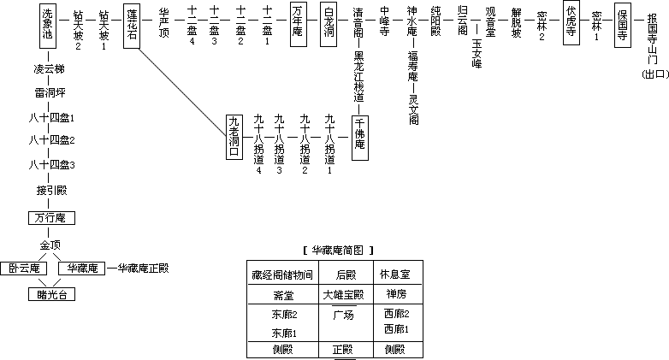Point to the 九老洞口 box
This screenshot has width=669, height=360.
coord(234,137)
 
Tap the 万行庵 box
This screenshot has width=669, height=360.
coord(48,218)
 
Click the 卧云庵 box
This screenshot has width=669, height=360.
coord(23,269)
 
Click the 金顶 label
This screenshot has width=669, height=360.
coord(48,246)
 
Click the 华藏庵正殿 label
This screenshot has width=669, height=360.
coord(143,269)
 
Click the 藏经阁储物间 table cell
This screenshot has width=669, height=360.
coord(281,274)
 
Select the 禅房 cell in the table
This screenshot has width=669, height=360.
coord(396,295)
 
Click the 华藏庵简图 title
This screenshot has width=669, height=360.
coord(339,250)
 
